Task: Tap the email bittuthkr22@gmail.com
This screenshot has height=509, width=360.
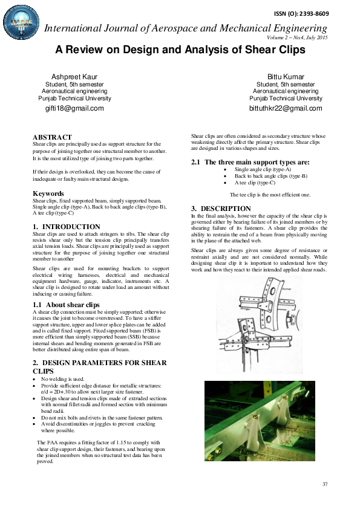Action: pyautogui.click(x=286, y=108)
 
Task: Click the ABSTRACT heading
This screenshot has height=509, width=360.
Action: pyautogui.click(x=52, y=137)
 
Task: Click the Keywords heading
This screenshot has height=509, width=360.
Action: pyautogui.click(x=48, y=193)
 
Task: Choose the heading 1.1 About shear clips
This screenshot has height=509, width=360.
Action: pyautogui.click(x=66, y=305)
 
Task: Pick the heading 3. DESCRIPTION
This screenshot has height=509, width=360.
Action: pyautogui.click(x=217, y=208)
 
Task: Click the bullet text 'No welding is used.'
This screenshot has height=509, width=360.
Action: pyautogui.click(x=62, y=379)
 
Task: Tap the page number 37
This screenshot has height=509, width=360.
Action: pyautogui.click(x=325, y=484)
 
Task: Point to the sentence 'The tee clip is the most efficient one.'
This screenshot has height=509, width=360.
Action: pyautogui.click(x=270, y=195)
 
